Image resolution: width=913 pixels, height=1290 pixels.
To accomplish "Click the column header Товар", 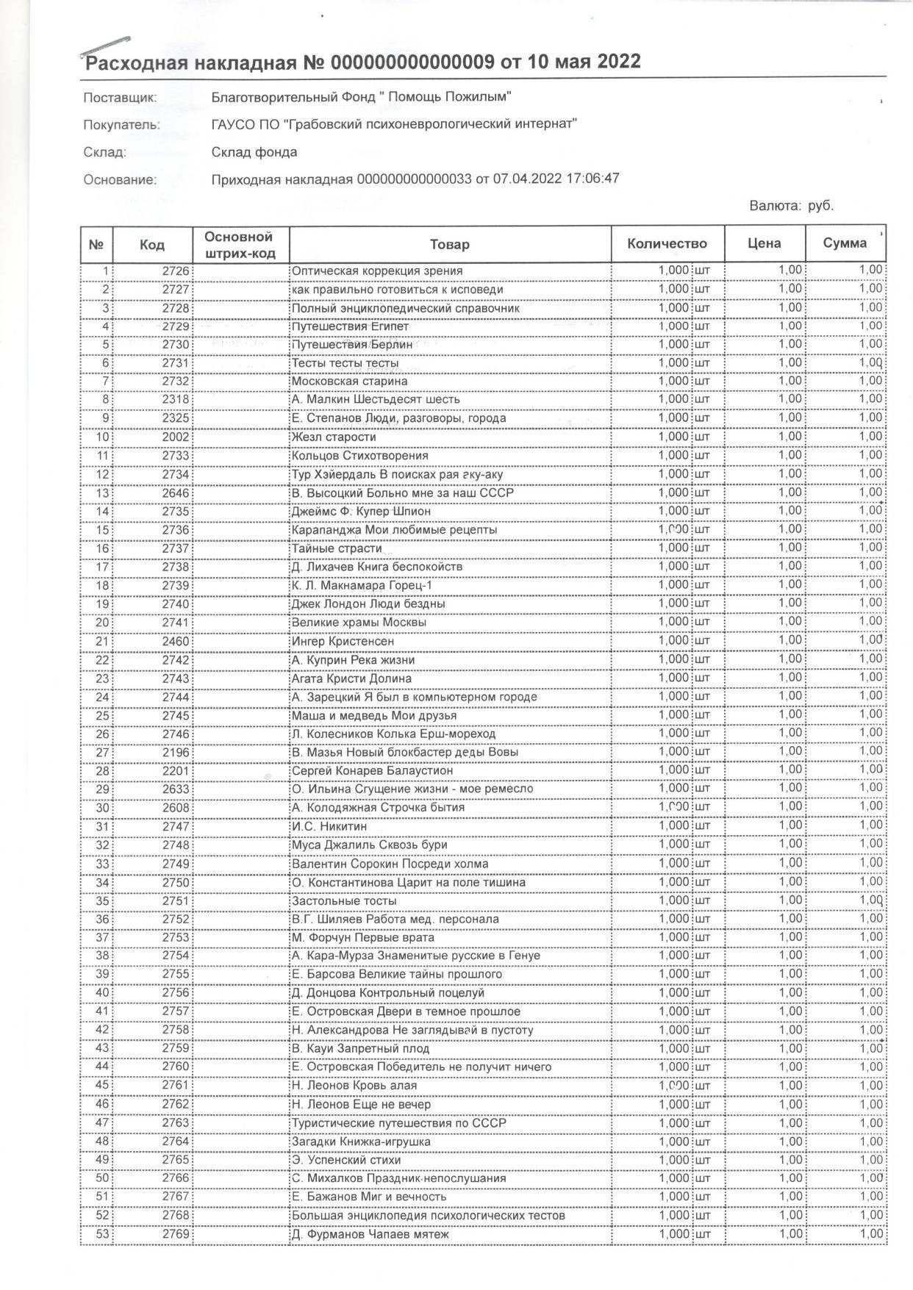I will click(450, 244).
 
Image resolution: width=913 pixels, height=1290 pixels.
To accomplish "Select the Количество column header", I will click(667, 244).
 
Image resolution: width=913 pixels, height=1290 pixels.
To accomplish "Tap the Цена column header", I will click(764, 244).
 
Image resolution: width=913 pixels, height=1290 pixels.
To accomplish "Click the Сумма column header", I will click(845, 243).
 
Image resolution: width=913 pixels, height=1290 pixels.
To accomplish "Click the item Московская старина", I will click(349, 381).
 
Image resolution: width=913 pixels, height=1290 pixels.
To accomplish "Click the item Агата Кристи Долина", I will click(351, 678).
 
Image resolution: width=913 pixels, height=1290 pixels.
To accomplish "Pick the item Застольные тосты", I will click(344, 900).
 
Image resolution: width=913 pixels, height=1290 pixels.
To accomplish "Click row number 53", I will click(102, 1234).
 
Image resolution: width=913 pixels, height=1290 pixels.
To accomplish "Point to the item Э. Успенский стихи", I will click(346, 1160).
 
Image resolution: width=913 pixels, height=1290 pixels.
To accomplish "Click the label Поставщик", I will click(120, 98).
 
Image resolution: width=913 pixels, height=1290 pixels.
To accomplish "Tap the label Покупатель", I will click(121, 125).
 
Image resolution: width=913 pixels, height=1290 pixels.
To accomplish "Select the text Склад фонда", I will click(254, 152).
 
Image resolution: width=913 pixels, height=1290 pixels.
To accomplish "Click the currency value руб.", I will click(820, 206).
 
